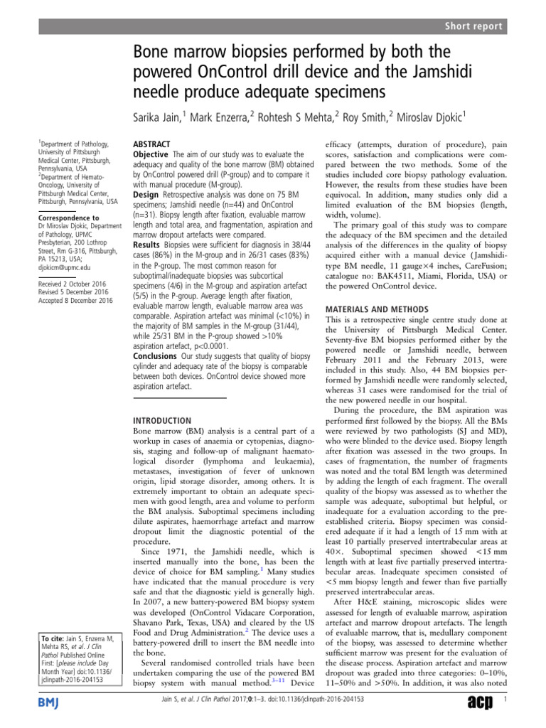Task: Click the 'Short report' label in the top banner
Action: click(475, 26)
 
